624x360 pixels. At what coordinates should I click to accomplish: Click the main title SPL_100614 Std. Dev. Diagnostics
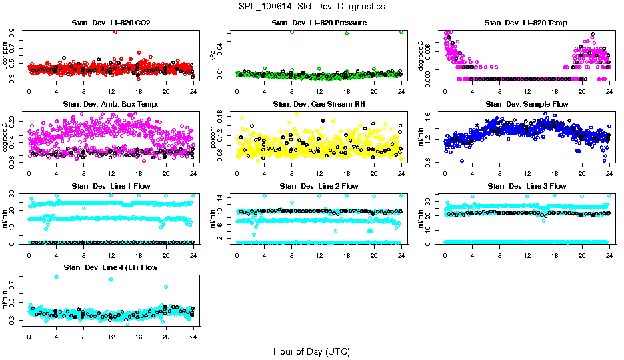pos(311,7)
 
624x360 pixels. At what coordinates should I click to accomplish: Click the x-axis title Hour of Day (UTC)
pos(311,351)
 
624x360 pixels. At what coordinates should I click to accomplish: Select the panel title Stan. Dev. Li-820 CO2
pos(111,23)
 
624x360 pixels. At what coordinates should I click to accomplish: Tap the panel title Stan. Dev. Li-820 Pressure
pos(319,23)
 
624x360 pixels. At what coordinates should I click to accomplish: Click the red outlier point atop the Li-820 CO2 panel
pos(116,32)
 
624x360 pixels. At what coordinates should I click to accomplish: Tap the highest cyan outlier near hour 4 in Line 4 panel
pos(56,277)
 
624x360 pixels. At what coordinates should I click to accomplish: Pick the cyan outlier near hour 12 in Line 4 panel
pos(111,280)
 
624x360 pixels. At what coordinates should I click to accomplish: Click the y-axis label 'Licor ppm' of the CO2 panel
pos(5,55)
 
